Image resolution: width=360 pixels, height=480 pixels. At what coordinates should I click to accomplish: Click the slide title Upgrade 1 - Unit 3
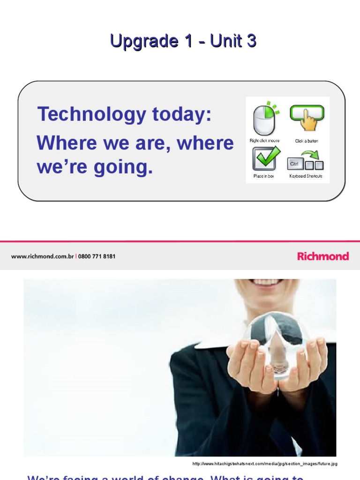pyautogui.click(x=183, y=42)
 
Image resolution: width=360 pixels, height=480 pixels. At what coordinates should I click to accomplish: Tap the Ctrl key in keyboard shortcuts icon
pyautogui.click(x=294, y=164)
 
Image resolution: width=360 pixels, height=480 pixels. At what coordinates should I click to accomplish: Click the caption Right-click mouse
pyautogui.click(x=264, y=141)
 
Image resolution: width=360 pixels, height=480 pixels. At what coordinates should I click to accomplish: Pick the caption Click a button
pyautogui.click(x=307, y=141)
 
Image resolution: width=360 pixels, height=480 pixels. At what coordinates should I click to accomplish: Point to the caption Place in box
pyautogui.click(x=264, y=176)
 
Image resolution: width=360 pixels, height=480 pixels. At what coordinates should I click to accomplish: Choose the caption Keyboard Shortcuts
pyautogui.click(x=306, y=176)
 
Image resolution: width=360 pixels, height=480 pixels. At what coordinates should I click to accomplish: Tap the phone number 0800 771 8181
pyautogui.click(x=97, y=256)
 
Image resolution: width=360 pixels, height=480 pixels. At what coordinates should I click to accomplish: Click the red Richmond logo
pyautogui.click(x=323, y=256)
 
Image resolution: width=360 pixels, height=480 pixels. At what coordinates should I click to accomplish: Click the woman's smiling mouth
pyautogui.click(x=266, y=282)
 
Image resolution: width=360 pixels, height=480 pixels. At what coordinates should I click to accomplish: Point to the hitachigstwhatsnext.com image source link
pyautogui.click(x=265, y=464)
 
